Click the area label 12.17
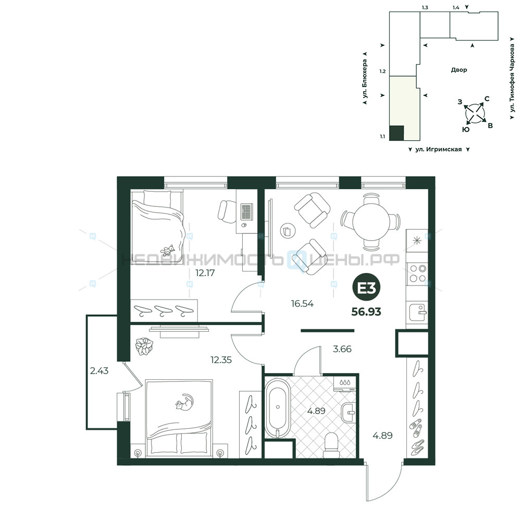205,273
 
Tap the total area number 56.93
366,312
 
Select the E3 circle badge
366,288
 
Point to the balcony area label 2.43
99,370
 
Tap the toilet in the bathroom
331,444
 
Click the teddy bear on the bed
168,250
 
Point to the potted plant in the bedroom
144,346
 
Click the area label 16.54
302,303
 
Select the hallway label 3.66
342,349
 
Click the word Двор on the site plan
459,70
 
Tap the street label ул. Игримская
438,149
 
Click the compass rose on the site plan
476,114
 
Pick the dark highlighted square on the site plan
396,133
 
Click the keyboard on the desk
246,212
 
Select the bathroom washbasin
349,412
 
